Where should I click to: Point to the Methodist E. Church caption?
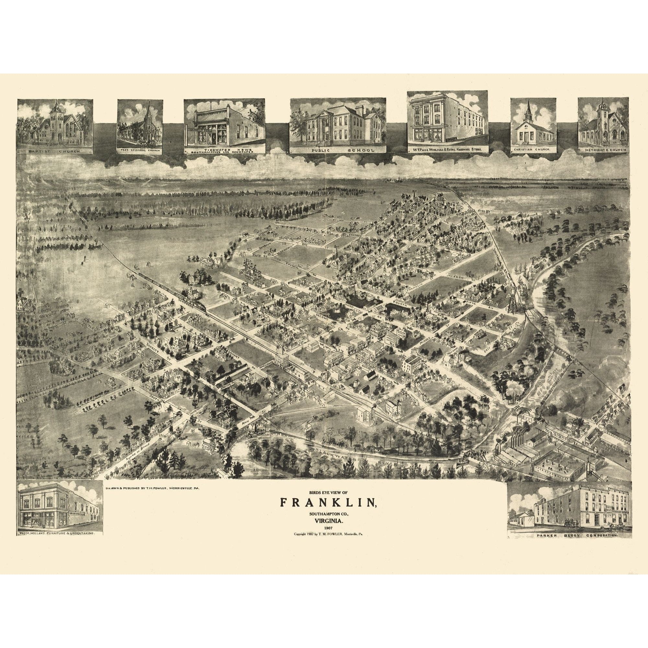point(602,151)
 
